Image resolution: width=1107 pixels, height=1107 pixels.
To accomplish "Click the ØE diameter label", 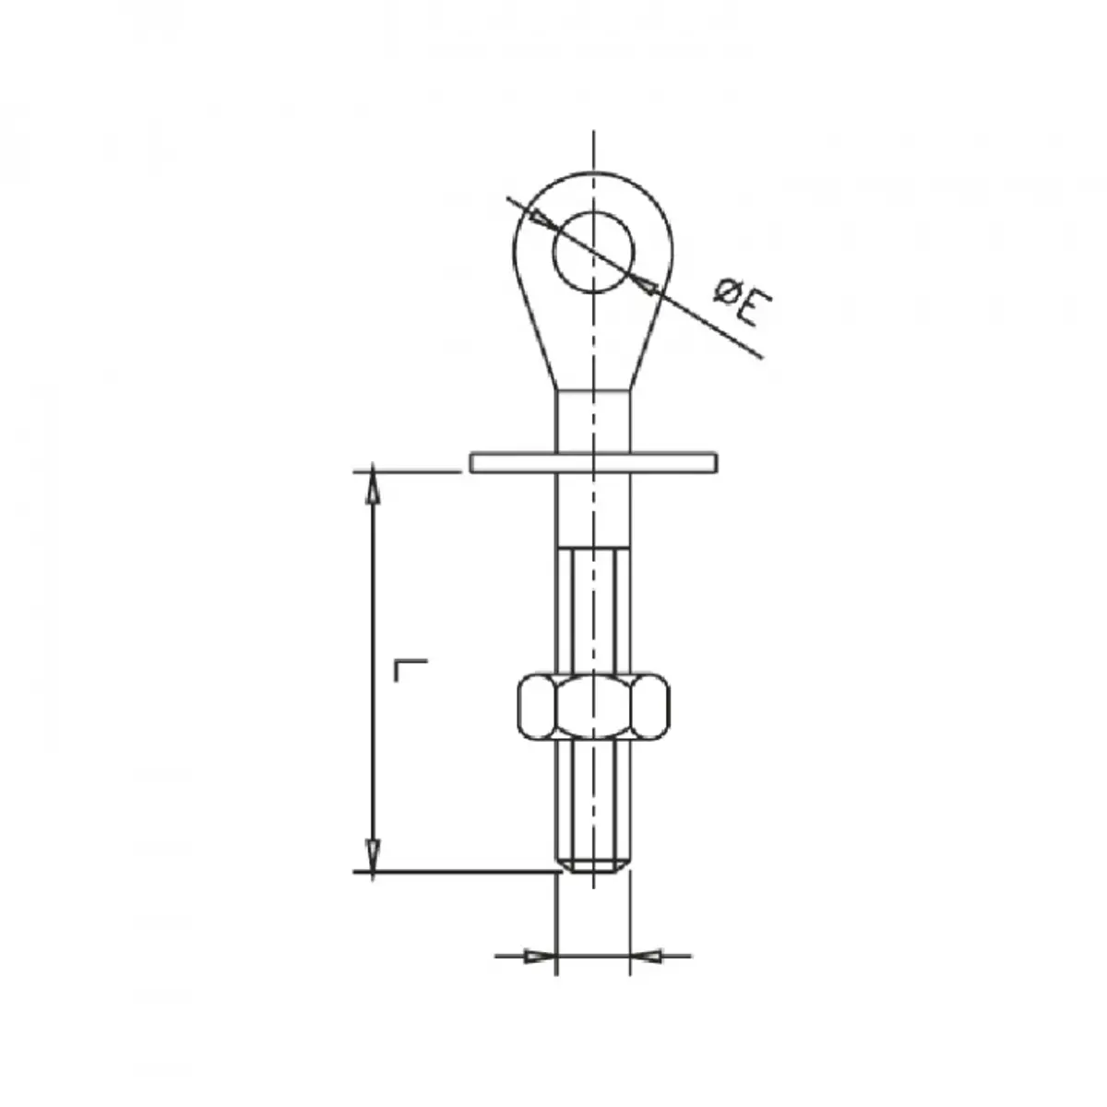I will (x=737, y=304).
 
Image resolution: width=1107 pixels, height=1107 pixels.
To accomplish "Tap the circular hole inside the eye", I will (x=593, y=252).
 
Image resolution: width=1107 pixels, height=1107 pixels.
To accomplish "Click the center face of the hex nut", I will (x=593, y=707).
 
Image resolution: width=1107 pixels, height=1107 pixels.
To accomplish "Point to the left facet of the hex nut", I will (x=536, y=707).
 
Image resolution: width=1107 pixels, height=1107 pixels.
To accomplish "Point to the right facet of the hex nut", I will (x=651, y=707).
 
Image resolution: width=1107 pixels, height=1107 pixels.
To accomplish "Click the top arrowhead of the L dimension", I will (x=373, y=486).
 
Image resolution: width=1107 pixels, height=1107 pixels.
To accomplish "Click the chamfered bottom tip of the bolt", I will (x=593, y=865).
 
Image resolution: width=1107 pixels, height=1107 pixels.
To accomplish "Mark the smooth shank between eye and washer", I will (x=593, y=420).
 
